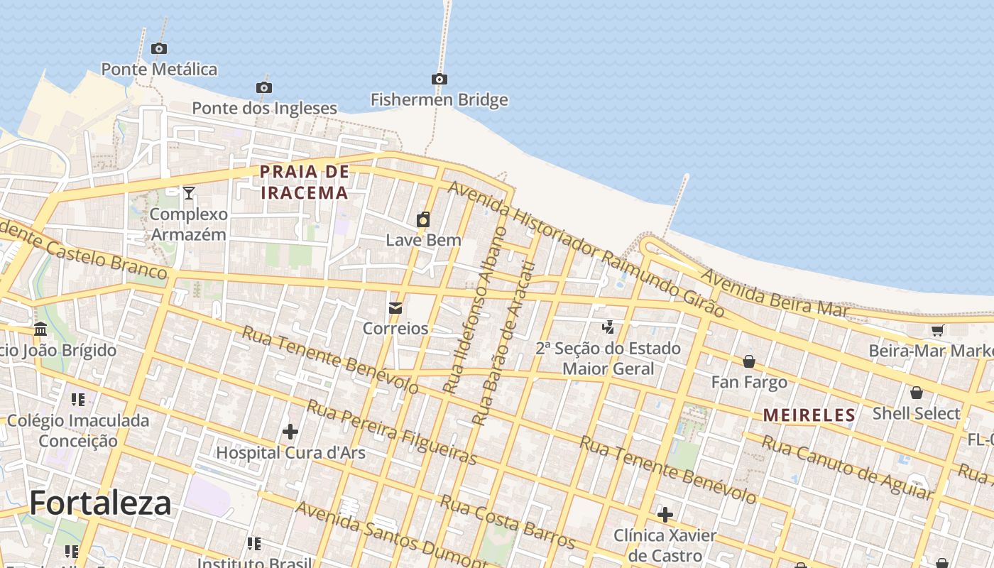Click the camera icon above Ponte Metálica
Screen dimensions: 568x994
click(159, 49)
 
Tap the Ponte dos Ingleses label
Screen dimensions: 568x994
click(264, 108)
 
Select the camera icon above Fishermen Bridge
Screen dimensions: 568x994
click(439, 79)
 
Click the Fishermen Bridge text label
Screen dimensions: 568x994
click(439, 99)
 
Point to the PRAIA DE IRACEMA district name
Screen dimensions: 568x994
click(304, 182)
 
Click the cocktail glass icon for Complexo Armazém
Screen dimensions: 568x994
click(189, 192)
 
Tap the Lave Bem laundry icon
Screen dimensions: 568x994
click(423, 219)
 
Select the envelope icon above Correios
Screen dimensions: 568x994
click(395, 308)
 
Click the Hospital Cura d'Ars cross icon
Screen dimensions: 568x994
click(290, 432)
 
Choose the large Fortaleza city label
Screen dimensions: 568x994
click(100, 503)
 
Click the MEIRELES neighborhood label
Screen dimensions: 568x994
click(809, 415)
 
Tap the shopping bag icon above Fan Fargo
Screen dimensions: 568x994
click(749, 362)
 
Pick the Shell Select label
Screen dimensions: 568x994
click(916, 413)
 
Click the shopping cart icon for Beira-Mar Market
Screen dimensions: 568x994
click(937, 330)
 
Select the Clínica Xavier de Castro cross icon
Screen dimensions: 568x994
click(665, 514)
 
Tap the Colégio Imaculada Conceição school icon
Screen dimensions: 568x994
click(78, 400)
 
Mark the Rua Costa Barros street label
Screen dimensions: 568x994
click(507, 522)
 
